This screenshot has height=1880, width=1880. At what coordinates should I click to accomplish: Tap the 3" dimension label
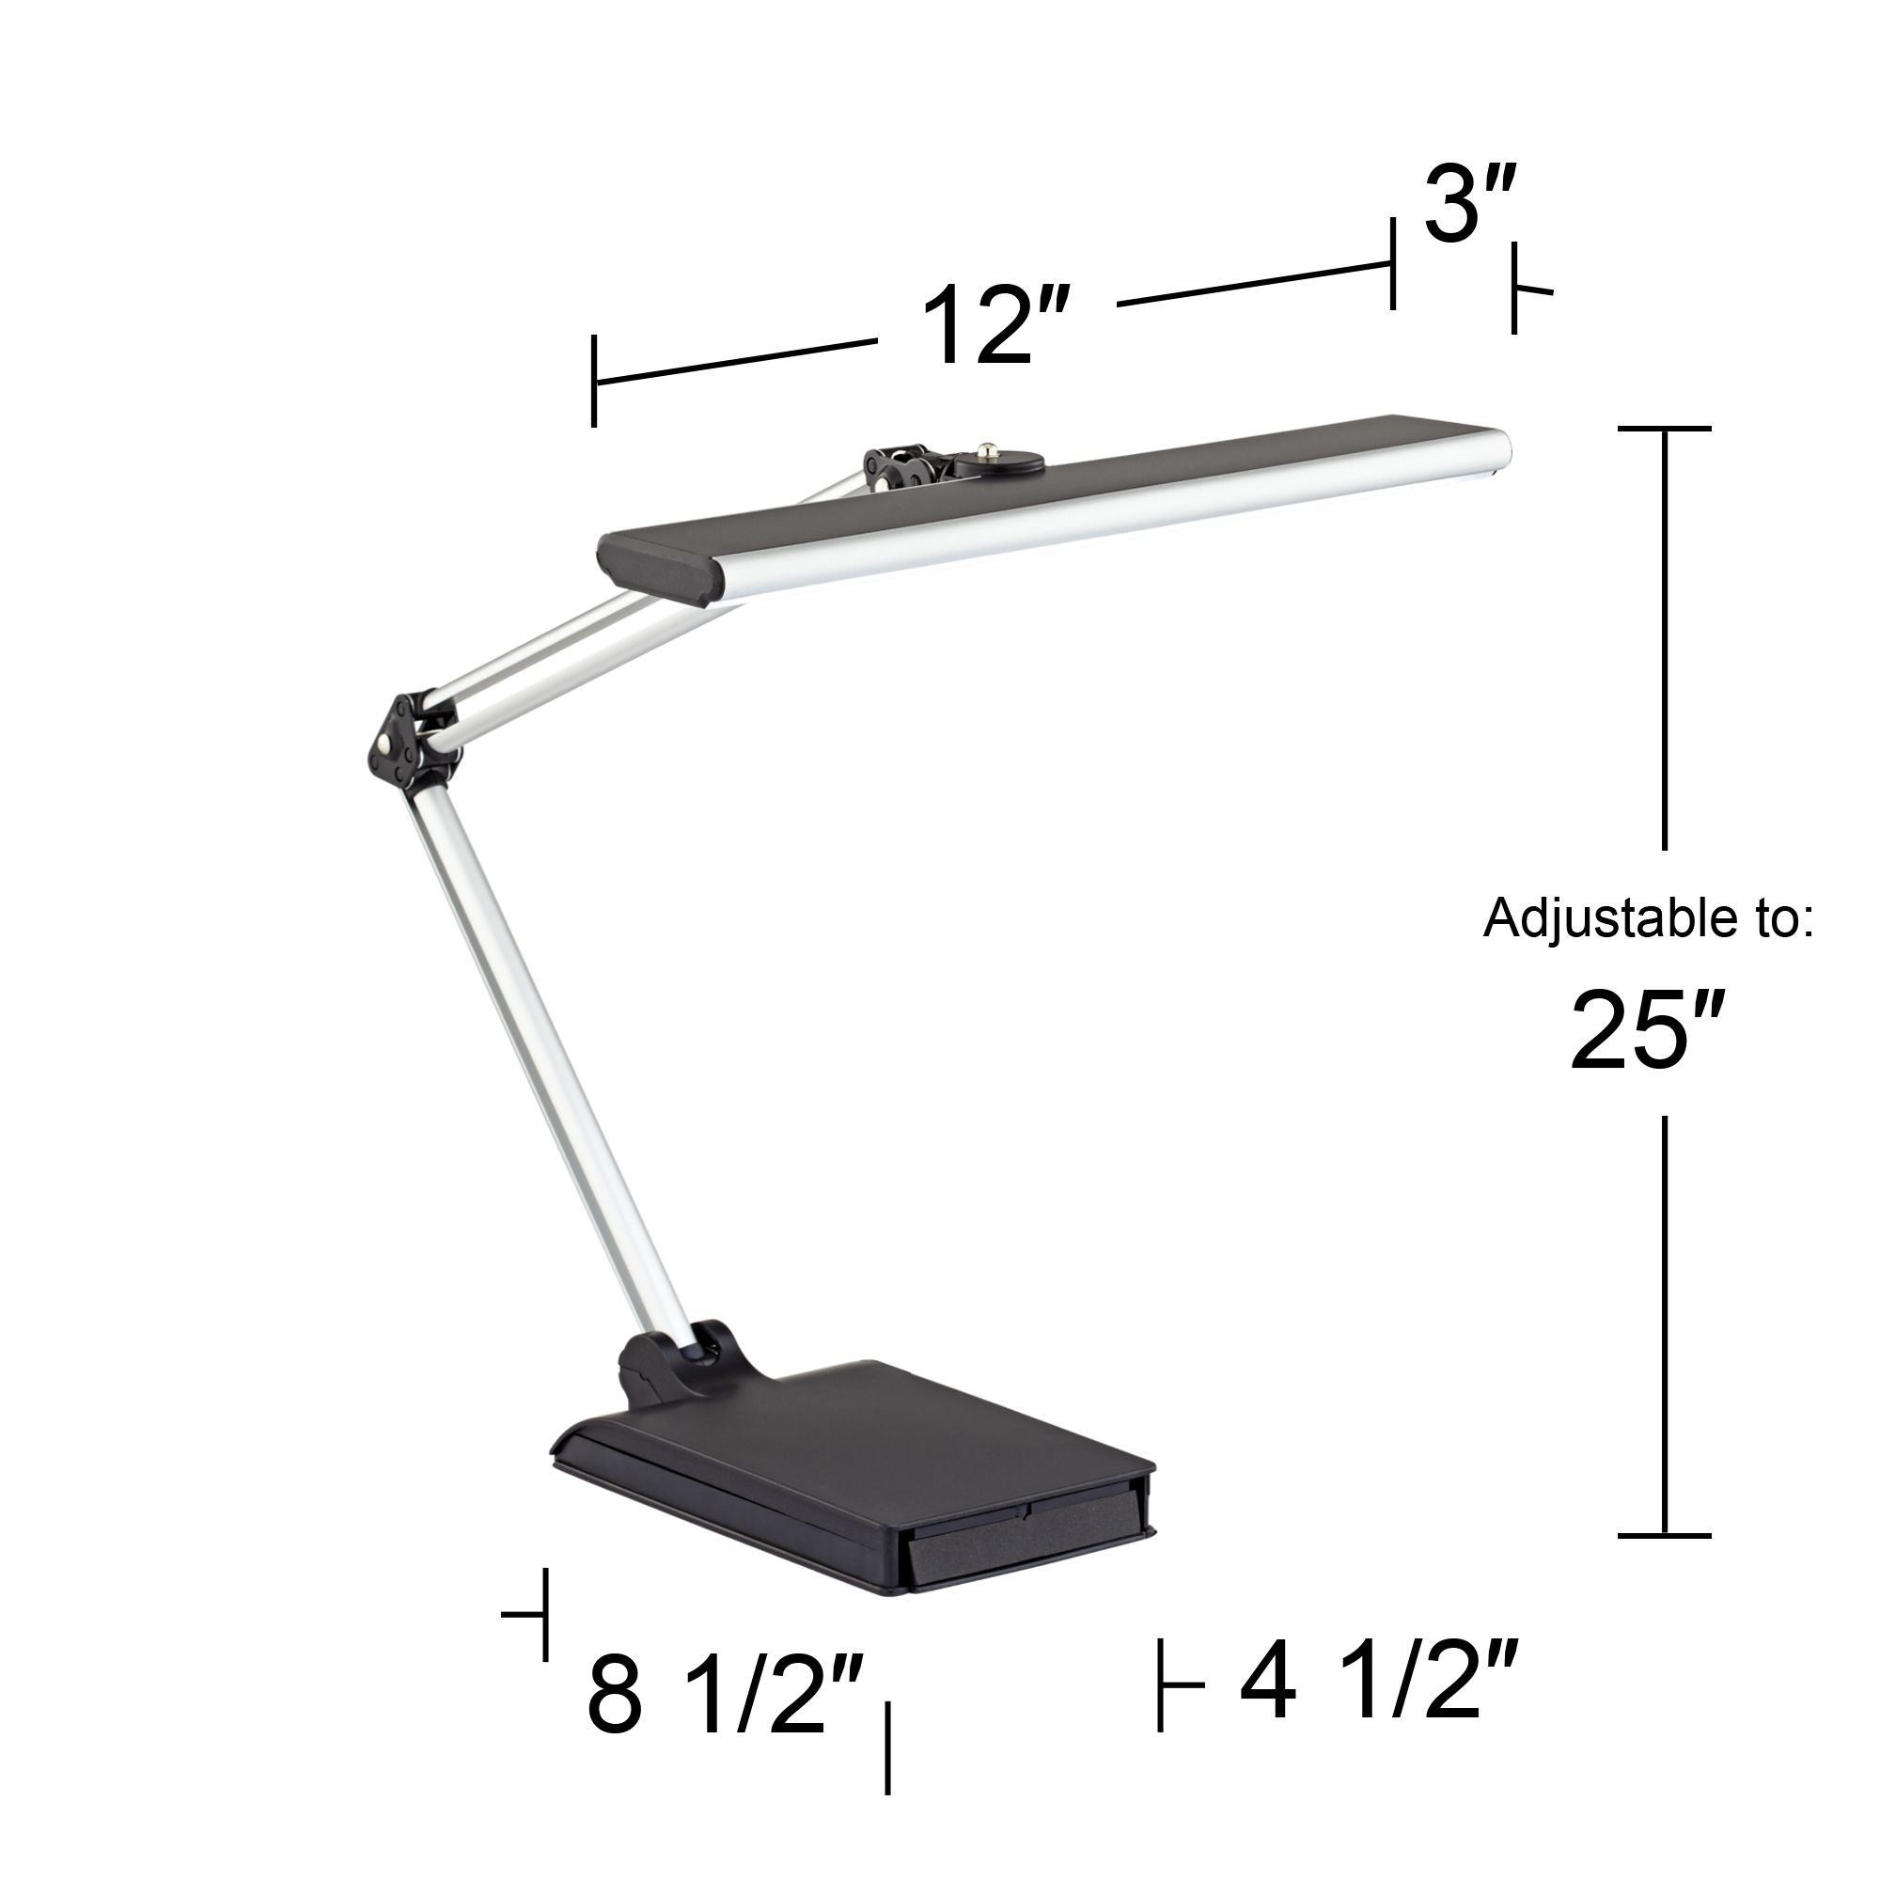(1469, 204)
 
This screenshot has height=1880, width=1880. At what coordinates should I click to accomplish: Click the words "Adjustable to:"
(1648, 918)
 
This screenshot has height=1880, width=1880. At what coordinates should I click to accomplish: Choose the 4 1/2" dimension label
(1379, 1682)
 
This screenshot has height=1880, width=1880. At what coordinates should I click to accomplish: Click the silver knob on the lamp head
(990, 450)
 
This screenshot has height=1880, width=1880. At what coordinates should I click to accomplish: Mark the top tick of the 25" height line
(1664, 428)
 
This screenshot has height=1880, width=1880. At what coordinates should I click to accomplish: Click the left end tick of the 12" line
(593, 381)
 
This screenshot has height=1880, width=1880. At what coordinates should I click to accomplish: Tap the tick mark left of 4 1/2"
(1161, 1684)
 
